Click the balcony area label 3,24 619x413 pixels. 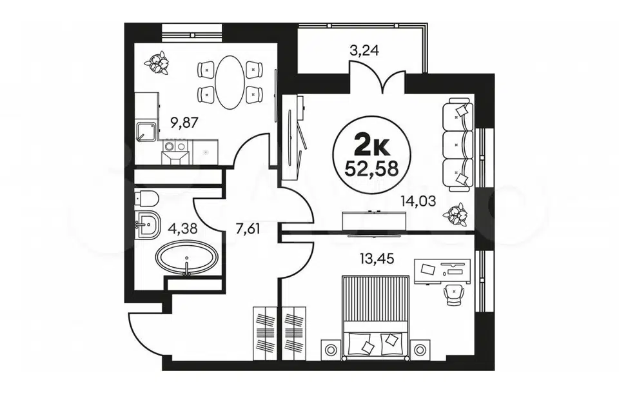tap(364, 50)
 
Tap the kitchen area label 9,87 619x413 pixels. tap(184, 123)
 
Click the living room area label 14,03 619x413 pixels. tap(418, 201)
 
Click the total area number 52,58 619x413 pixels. tap(371, 169)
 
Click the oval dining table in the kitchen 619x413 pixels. tap(229, 82)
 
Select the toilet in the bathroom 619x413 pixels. tap(146, 199)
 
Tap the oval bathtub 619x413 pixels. tap(187, 257)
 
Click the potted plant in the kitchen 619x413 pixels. tap(157, 63)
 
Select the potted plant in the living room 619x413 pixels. tap(456, 214)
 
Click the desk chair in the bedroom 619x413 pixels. tap(453, 295)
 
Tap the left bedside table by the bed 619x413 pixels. tap(330, 350)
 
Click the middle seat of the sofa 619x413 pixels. tap(458, 145)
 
